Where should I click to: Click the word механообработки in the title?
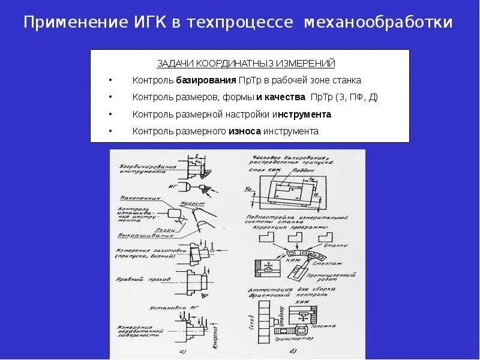tap(379, 23)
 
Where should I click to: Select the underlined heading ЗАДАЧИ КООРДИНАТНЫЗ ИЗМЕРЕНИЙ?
tap(246, 64)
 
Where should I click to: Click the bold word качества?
tap(285, 97)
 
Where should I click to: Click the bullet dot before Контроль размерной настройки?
tap(110, 114)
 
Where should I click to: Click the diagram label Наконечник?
tap(137, 196)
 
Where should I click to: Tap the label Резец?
tap(167, 229)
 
